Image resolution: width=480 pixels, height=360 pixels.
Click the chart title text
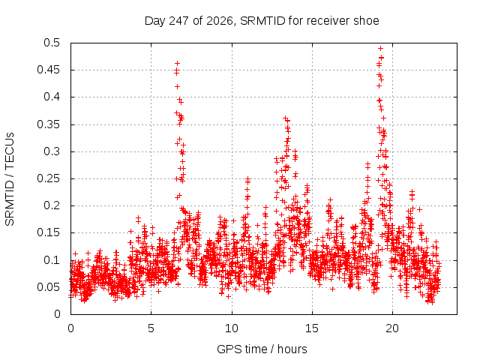pos(262,21)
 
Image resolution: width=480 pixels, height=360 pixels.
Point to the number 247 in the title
pos(179,21)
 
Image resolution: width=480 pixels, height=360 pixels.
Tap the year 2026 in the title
pos(220,21)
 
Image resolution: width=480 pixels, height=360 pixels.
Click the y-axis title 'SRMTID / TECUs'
pos(10,179)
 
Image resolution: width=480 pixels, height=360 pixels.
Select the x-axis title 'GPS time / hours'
pos(262,349)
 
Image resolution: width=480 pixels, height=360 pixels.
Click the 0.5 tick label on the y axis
pos(52,43)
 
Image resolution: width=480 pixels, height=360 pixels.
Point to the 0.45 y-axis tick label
pos(48,70)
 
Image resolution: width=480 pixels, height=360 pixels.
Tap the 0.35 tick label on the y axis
pos(48,124)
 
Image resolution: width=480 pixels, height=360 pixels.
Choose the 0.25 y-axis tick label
pos(48,178)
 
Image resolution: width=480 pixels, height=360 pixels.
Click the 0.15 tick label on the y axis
pos(48,232)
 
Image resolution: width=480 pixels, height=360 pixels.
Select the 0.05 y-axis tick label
pos(48,287)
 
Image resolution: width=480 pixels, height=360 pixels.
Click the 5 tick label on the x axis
pos(151,328)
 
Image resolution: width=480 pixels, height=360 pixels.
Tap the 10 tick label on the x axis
pos(232,328)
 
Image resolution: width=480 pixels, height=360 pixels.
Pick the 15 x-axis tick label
pos(312,328)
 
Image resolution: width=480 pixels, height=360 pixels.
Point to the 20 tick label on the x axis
pos(392,328)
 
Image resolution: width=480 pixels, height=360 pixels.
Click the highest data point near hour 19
pos(380,48)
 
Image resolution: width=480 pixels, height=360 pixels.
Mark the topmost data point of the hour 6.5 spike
pos(177,63)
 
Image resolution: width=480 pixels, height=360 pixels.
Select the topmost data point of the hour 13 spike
pos(285,118)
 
